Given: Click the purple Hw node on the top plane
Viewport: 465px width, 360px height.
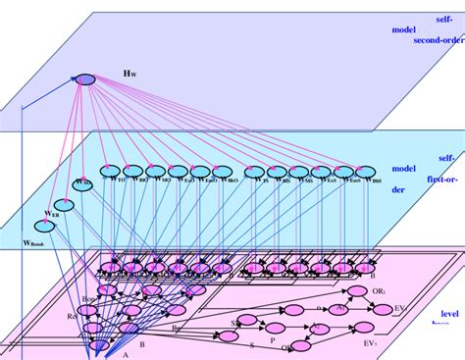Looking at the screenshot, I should [85, 78].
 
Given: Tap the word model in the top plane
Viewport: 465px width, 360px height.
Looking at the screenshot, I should [404, 29].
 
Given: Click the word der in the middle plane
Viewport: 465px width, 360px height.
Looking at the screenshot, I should [398, 191].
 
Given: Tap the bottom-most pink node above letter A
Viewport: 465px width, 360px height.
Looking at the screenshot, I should [99, 344].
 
